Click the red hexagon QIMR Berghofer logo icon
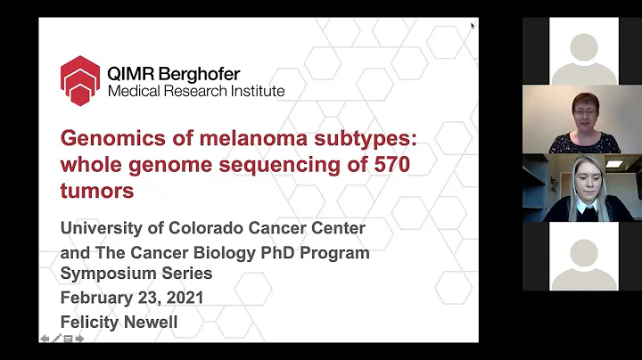tap(79, 80)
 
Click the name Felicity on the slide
tap(93, 322)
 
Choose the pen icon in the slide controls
tap(56, 339)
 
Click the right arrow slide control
tap(78, 339)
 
